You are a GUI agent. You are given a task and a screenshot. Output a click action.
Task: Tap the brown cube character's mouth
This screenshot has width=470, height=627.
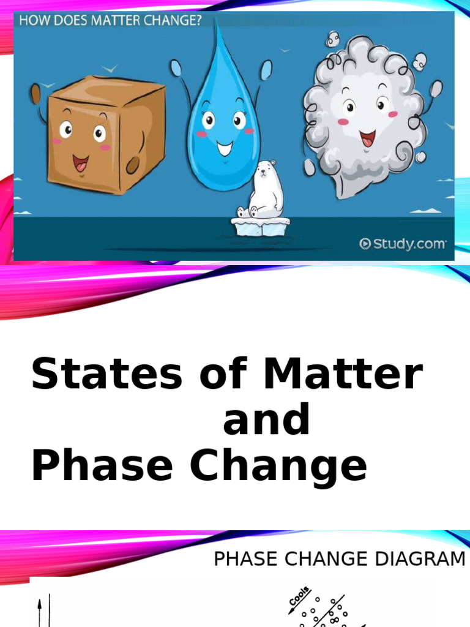pyautogui.click(x=80, y=163)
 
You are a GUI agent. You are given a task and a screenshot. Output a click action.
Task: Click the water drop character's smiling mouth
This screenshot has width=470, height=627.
pyautogui.click(x=225, y=148)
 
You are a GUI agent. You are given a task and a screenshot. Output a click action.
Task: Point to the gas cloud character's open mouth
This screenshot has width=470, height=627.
pyautogui.click(x=367, y=138)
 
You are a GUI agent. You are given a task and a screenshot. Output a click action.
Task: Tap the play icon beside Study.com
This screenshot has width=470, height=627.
pyautogui.click(x=365, y=244)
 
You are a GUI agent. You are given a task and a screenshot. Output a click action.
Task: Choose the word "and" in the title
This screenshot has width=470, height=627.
pyautogui.click(x=266, y=420)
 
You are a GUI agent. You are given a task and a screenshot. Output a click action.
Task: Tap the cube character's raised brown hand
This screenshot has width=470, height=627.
pyautogui.click(x=35, y=94)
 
